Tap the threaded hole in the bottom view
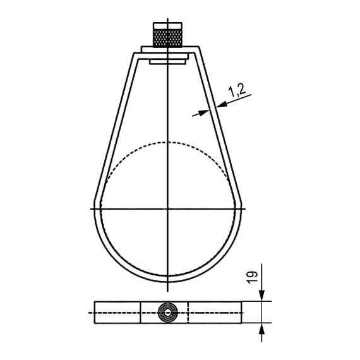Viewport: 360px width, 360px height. tap(168, 312)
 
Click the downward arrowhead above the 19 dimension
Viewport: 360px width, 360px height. tap(262, 297)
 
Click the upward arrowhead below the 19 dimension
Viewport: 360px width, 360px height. tap(262, 328)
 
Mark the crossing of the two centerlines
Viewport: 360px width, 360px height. tap(168, 208)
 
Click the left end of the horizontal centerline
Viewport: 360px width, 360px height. tap(85, 208)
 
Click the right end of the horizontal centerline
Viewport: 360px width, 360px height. tap(251, 208)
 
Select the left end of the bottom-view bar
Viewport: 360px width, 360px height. tap(95, 312)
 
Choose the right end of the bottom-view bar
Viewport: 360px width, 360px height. tap(241, 312)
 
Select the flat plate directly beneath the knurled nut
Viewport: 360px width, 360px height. tap(168, 49)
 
